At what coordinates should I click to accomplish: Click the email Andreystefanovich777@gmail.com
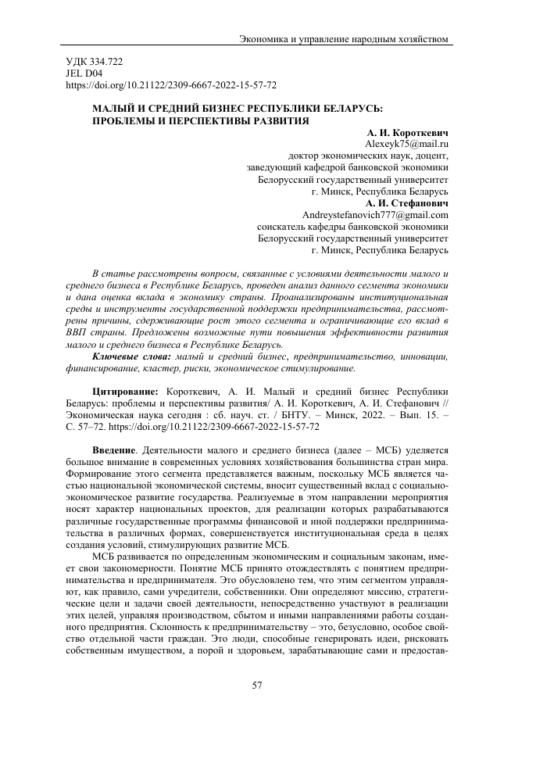[x=374, y=215]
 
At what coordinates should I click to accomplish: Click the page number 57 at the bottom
[x=257, y=686]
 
